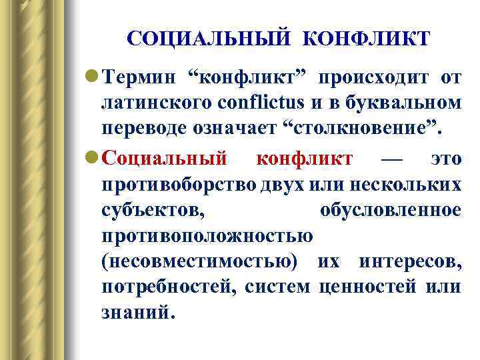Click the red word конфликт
click(305, 159)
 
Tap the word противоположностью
click(207, 237)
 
